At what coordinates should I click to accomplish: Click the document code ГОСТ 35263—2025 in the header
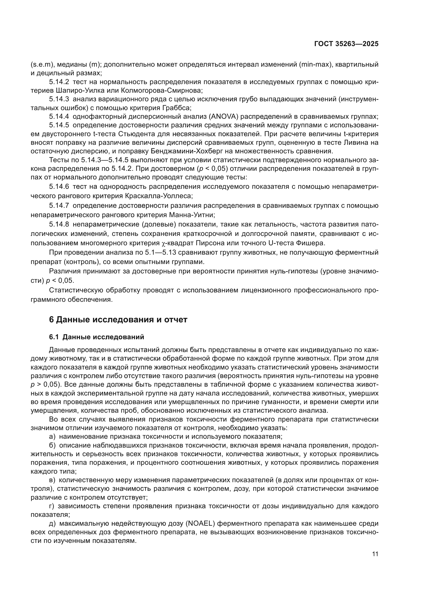click(x=346, y=44)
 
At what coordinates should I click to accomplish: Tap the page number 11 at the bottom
click(x=375, y=554)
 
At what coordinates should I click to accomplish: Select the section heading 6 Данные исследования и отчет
click(x=118, y=320)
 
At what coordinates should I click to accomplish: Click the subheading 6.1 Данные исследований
click(x=97, y=337)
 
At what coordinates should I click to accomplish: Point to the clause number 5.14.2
click(x=59, y=82)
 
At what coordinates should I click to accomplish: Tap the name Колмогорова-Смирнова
click(x=161, y=90)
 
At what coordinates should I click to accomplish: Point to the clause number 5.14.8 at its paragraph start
click(x=59, y=224)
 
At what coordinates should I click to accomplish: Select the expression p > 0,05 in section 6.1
click(x=44, y=385)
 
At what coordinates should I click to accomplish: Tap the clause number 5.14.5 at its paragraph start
click(x=59, y=125)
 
